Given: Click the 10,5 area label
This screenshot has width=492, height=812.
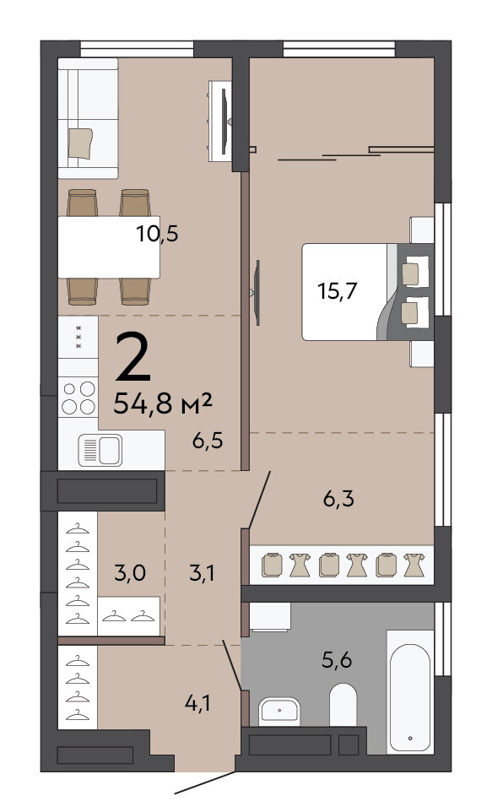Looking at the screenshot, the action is tap(158, 234).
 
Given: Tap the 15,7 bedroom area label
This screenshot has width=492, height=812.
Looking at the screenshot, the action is tap(338, 291).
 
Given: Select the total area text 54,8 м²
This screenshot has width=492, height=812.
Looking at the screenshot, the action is tap(163, 403).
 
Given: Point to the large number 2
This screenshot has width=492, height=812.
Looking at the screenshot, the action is tap(133, 357).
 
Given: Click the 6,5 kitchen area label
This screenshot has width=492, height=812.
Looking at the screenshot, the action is tap(207, 441).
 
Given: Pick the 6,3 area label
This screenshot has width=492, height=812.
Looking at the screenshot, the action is tap(338, 499).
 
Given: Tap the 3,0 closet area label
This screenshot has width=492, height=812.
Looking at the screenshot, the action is tap(129, 573).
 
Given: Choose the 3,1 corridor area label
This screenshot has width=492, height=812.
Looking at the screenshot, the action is tap(202, 573).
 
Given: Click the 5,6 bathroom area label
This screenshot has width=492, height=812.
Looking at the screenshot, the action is tap(337, 660).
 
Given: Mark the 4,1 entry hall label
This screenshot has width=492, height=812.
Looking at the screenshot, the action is tap(197, 703).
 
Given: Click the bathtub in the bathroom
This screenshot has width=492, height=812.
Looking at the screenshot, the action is tap(410, 692).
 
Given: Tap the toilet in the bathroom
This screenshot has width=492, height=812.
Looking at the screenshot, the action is tap(343, 704).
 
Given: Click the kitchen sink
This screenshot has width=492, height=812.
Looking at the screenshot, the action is tap(100, 450).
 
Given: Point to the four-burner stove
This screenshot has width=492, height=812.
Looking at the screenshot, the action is tap(78, 398).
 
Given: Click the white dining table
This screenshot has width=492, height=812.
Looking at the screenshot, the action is tap(109, 247).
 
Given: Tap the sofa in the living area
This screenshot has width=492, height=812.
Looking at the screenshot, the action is tap(88, 118).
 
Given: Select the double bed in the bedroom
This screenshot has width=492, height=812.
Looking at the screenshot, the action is tap(368, 291).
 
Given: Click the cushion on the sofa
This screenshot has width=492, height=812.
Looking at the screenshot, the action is tap(80, 143).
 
